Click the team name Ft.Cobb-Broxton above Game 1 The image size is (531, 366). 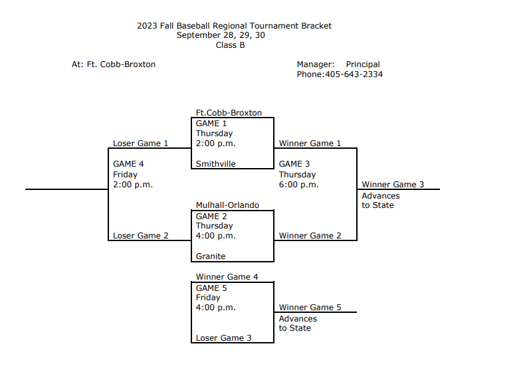tap(229, 113)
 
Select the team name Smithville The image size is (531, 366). tap(215, 164)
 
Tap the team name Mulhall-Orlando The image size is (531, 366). tap(227, 205)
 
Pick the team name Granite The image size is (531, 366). tap(211, 256)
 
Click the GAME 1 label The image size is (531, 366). tap(211, 124)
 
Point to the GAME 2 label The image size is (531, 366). tap(211, 216)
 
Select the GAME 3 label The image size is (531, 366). tap(294, 164)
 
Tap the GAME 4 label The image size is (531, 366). tap(128, 164)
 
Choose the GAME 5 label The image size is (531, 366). tap(211, 288)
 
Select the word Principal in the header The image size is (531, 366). tap(363, 64)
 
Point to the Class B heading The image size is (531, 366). tap(230, 45)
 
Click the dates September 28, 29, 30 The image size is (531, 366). tap(221, 35)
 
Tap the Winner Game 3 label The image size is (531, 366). tap(393, 185)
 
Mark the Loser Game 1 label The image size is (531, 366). tap(140, 143)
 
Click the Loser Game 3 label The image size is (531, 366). tap(223, 338)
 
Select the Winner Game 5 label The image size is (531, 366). tap(310, 308)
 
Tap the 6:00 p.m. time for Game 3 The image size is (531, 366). tap(298, 185)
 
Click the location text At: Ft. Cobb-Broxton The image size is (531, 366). tap(114, 64)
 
